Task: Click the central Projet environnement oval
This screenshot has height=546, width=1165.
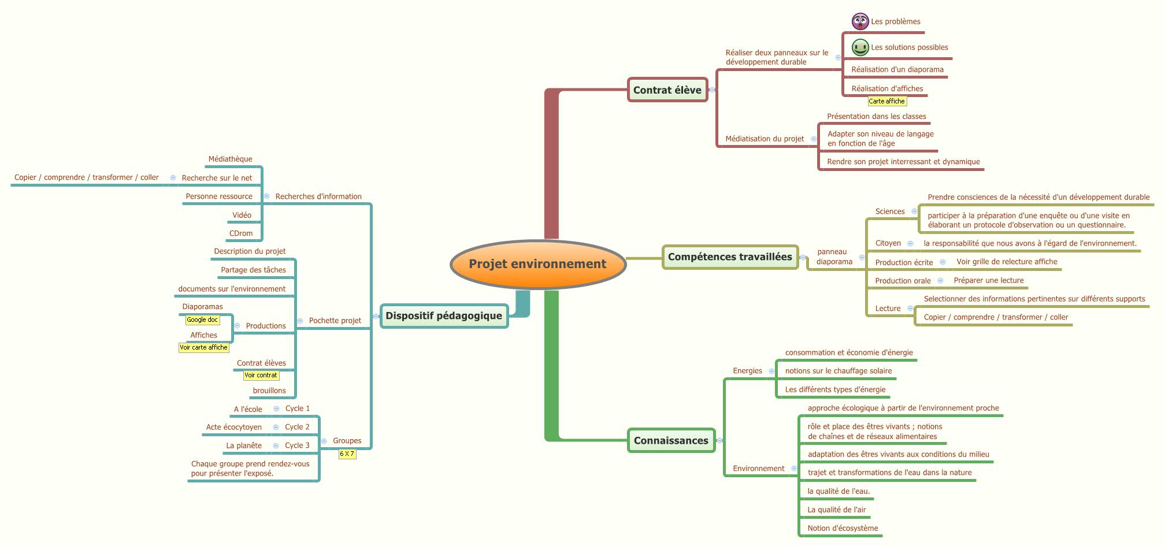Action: pos(537,264)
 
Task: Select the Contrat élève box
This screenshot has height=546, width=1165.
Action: pos(667,90)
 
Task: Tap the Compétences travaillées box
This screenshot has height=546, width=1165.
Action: pos(730,257)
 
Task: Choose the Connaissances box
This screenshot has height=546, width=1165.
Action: pos(671,441)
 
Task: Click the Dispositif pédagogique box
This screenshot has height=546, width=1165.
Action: pos(444,316)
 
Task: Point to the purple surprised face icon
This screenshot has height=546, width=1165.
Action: pos(860,22)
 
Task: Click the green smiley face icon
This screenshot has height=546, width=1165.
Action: pos(860,47)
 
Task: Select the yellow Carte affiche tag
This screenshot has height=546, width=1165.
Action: pos(886,101)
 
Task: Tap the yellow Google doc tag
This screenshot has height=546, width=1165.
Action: pos(202,320)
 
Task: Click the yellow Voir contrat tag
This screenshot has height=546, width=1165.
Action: pos(261,375)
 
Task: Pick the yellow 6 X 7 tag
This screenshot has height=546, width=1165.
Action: pos(347,454)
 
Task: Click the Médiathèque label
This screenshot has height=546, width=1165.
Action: pos(230,159)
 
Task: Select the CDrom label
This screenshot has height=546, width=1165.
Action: pos(241,233)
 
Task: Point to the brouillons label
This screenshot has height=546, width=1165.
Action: pos(269,391)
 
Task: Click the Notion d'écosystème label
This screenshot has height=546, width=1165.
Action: pos(843,528)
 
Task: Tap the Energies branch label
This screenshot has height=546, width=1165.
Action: pos(747,371)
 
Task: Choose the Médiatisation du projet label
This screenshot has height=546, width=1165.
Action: pos(765,139)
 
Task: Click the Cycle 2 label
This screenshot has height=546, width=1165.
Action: pos(297,427)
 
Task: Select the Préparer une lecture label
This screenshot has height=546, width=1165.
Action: pos(988,280)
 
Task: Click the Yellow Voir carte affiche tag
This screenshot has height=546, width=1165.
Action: pos(203,347)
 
